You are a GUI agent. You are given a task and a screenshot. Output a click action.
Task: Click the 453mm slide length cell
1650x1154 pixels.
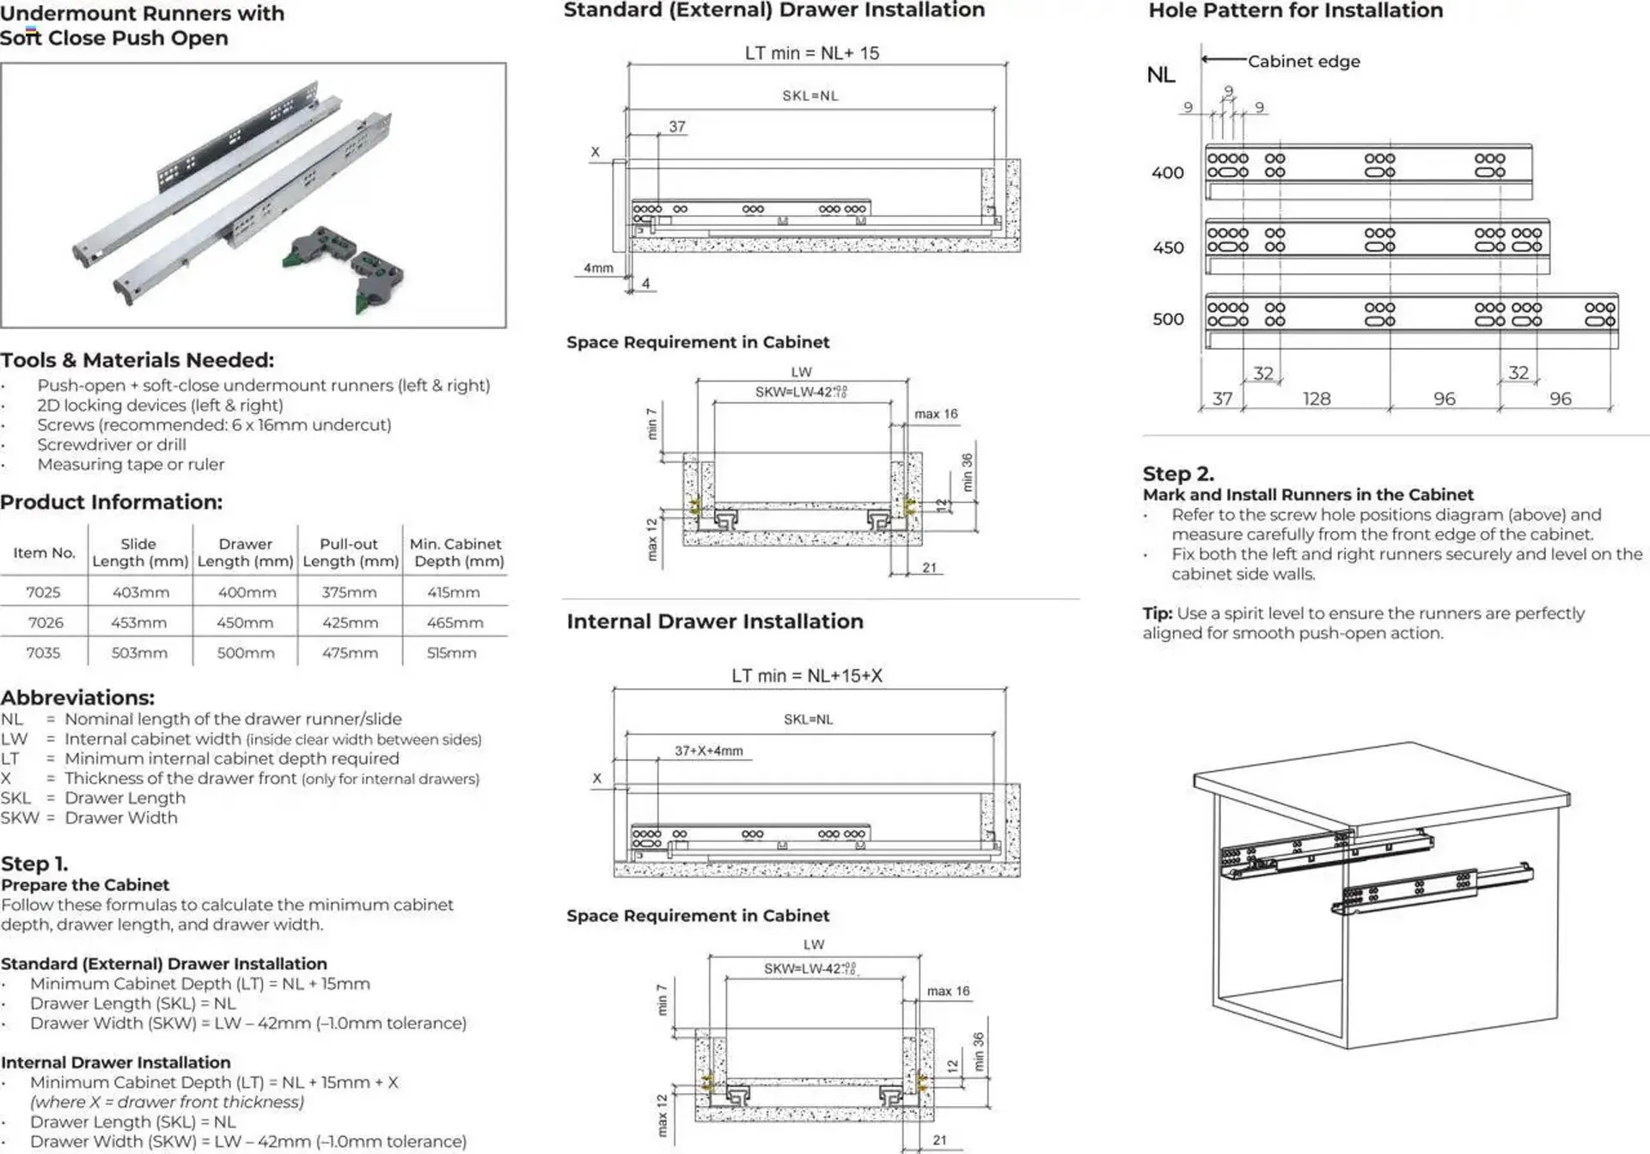(x=139, y=623)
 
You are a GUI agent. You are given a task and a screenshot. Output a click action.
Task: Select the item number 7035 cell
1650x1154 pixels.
(x=43, y=653)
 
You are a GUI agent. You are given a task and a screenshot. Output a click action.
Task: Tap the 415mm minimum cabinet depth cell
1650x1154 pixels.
(x=454, y=593)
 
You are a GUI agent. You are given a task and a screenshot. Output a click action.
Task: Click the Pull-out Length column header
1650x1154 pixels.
(x=350, y=553)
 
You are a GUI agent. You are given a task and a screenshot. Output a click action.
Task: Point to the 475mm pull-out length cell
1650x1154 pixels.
(x=350, y=653)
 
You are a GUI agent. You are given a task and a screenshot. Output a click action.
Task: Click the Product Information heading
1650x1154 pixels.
(x=111, y=502)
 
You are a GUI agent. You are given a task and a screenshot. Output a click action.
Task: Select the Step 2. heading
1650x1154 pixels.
(x=1177, y=473)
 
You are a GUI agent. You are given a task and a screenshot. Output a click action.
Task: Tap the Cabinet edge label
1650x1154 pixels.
(x=1303, y=62)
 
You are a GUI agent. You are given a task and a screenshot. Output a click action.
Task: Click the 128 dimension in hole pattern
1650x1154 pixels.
(x=1316, y=399)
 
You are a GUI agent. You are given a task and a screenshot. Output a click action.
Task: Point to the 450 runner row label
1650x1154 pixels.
(x=1168, y=247)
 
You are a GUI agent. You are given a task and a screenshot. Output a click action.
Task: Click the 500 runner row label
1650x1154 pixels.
(x=1168, y=320)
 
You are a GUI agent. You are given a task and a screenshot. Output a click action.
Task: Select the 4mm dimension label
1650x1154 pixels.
(x=598, y=268)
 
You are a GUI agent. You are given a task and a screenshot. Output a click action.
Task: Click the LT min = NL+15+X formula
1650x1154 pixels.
(x=806, y=676)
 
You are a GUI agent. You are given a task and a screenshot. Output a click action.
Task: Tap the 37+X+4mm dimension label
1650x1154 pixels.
(x=708, y=751)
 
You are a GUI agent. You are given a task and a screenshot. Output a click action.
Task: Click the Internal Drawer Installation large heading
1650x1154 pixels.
(x=714, y=621)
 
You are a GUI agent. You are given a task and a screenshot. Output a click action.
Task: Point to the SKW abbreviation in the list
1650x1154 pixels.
(x=20, y=818)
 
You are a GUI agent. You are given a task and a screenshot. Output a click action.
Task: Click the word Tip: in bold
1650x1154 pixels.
(x=1157, y=614)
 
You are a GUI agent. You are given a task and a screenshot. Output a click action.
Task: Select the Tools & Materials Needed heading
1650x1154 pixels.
(x=137, y=360)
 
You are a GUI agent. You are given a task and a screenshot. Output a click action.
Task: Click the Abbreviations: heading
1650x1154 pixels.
(x=77, y=698)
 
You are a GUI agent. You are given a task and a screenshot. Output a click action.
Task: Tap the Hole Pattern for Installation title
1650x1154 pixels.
(x=1295, y=11)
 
